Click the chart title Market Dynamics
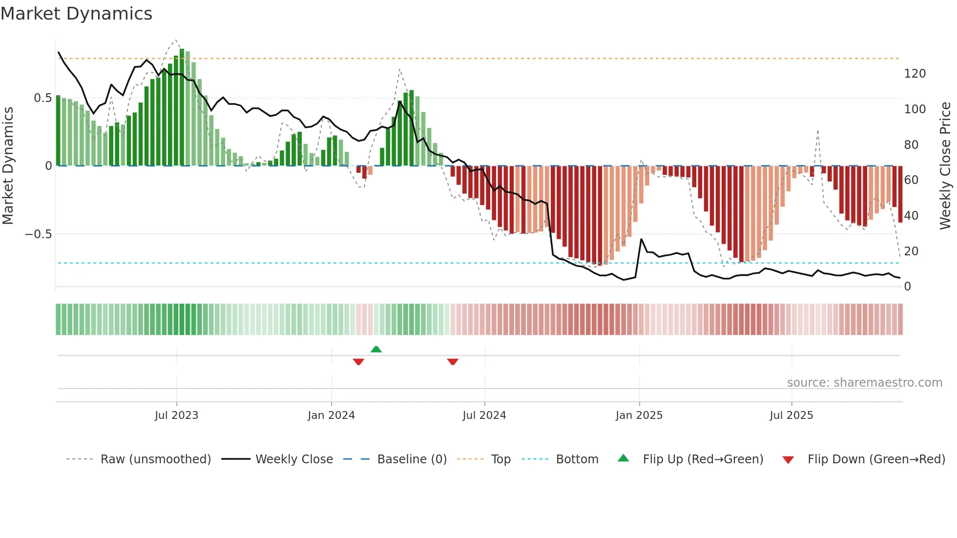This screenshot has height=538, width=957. click(77, 14)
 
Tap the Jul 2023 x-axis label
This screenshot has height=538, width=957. click(176, 415)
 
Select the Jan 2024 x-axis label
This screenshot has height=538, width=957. click(331, 415)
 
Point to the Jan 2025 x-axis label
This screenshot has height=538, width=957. click(639, 415)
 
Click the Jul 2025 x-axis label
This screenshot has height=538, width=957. click(791, 415)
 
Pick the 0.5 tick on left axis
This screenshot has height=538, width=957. click(42, 98)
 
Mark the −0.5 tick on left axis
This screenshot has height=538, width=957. click(39, 234)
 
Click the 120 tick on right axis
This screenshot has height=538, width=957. click(915, 74)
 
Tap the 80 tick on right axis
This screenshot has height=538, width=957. click(911, 145)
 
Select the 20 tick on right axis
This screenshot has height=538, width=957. click(911, 251)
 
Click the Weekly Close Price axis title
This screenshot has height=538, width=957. click(945, 166)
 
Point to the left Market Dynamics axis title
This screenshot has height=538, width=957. click(8, 166)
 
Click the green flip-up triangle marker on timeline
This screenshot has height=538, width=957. click(376, 349)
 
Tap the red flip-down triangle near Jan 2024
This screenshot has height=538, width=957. click(358, 362)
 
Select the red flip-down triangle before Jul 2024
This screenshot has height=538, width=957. click(453, 362)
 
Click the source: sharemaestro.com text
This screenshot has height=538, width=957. click(864, 383)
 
